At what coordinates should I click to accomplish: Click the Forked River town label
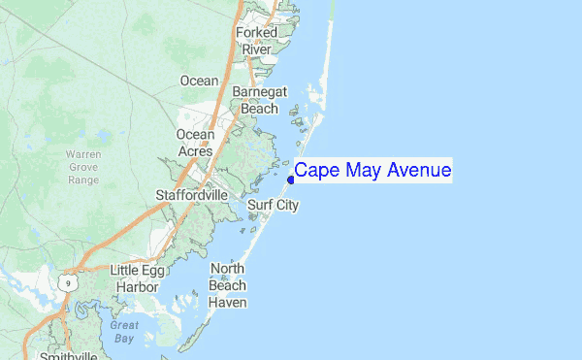click(x=257, y=41)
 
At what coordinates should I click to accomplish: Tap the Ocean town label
click(x=200, y=81)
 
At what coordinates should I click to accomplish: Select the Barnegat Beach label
click(x=259, y=101)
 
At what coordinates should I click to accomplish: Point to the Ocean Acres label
click(x=195, y=143)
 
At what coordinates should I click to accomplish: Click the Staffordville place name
click(x=192, y=195)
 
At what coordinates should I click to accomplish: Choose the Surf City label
click(x=273, y=206)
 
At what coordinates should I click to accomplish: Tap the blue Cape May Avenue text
click(x=372, y=171)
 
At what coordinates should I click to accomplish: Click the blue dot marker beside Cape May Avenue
click(x=291, y=179)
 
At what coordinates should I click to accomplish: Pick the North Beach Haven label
click(x=227, y=285)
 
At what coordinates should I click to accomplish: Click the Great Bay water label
click(x=123, y=332)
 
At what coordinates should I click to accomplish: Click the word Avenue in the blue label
click(x=418, y=171)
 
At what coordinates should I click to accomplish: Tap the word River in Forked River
click(x=257, y=49)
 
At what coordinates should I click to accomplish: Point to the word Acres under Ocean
click(x=195, y=151)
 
